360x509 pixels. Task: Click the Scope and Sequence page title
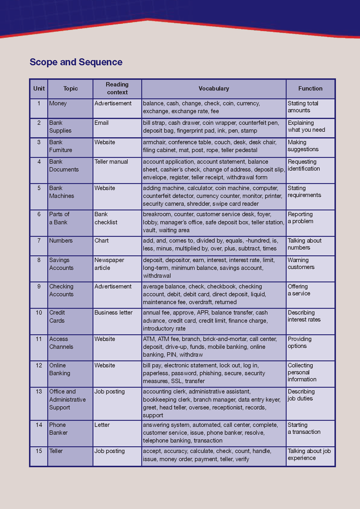(x=76, y=62)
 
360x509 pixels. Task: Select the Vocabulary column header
(x=214, y=89)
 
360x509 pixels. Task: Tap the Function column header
(x=310, y=89)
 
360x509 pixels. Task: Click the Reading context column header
(x=117, y=88)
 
